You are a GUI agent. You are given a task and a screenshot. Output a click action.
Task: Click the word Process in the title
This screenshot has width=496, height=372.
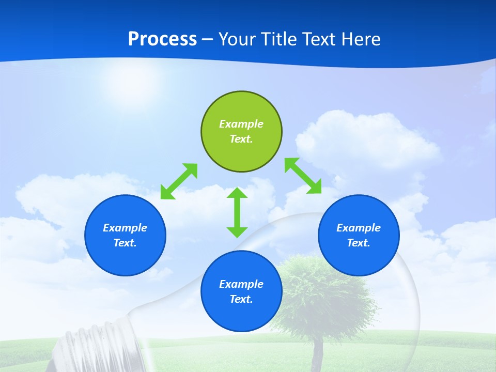162,39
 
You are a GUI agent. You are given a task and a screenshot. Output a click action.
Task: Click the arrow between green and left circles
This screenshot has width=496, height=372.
179,181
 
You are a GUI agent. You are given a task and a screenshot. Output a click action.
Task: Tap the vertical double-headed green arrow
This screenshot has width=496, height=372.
237,212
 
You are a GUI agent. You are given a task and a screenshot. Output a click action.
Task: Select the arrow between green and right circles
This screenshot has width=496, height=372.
303,176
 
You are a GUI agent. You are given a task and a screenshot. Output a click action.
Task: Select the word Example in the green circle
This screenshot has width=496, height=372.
241,124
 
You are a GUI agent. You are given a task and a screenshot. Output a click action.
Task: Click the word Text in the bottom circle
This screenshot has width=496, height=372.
241,299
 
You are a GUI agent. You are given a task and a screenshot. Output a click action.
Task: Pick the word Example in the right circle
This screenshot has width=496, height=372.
359,228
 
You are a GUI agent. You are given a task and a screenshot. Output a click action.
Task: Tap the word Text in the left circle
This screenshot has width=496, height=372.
125,243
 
